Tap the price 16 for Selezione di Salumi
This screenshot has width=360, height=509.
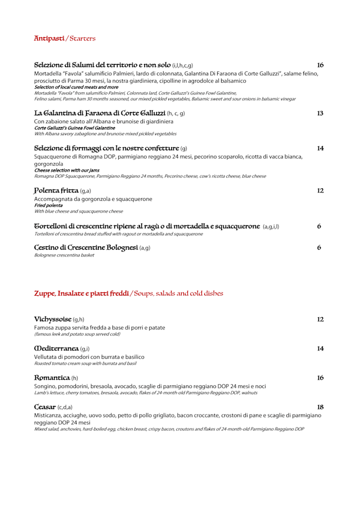(x=320, y=65)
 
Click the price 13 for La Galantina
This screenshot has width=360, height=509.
(x=320, y=113)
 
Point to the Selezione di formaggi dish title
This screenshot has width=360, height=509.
(x=106, y=148)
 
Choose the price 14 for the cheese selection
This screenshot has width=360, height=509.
(x=320, y=148)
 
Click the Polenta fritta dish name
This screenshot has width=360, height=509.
(x=56, y=191)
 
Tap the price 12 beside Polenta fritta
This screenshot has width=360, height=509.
(x=320, y=191)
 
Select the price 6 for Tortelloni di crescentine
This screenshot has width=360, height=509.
(x=319, y=226)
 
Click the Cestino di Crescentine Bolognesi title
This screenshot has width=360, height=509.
(x=86, y=247)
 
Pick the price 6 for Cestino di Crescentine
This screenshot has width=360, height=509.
(x=319, y=247)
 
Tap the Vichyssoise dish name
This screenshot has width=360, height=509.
(x=52, y=319)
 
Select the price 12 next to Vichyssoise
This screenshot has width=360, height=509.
(x=320, y=319)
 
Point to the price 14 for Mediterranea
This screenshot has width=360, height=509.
(x=320, y=349)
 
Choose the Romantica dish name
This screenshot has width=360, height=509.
(x=52, y=378)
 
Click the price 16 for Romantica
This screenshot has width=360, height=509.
(x=320, y=378)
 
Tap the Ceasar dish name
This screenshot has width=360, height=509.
(x=45, y=407)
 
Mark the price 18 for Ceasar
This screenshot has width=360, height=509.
(x=320, y=407)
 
